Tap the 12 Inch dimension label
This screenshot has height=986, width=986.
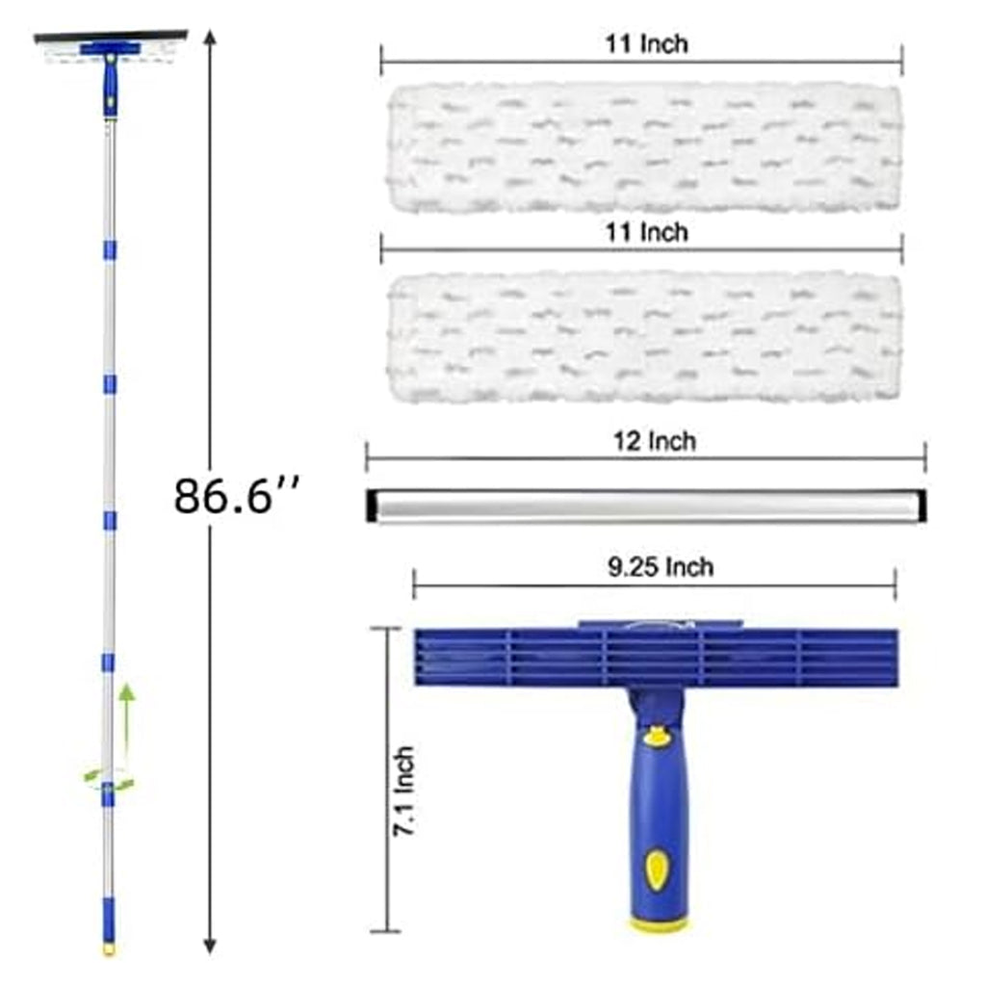pos(655,441)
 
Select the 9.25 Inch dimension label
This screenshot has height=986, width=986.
pos(661,567)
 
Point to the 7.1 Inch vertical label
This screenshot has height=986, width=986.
pos(404,791)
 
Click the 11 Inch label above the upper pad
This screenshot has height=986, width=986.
pos(646,44)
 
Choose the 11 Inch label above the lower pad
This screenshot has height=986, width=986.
pos(646,233)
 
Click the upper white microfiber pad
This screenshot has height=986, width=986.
pos(644,147)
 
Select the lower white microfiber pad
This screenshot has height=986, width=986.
pos(644,337)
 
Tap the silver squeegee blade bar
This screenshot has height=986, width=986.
pos(646,506)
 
